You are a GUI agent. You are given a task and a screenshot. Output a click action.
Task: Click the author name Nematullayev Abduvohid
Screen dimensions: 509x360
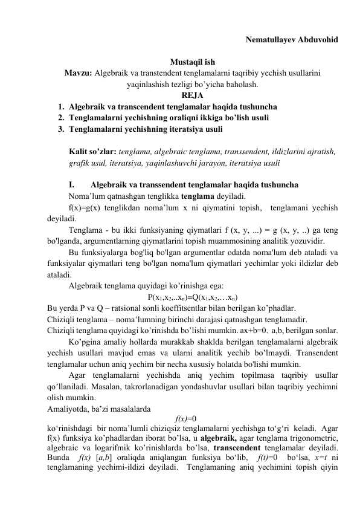click(292, 41)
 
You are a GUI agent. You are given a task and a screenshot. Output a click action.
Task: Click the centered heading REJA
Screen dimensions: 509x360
click(191, 94)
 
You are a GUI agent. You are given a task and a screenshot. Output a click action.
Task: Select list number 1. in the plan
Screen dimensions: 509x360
click(61, 105)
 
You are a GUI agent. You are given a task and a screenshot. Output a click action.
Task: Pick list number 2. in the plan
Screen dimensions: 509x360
click(61, 117)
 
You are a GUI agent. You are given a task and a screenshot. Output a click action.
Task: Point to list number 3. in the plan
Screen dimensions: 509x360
click(61, 129)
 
